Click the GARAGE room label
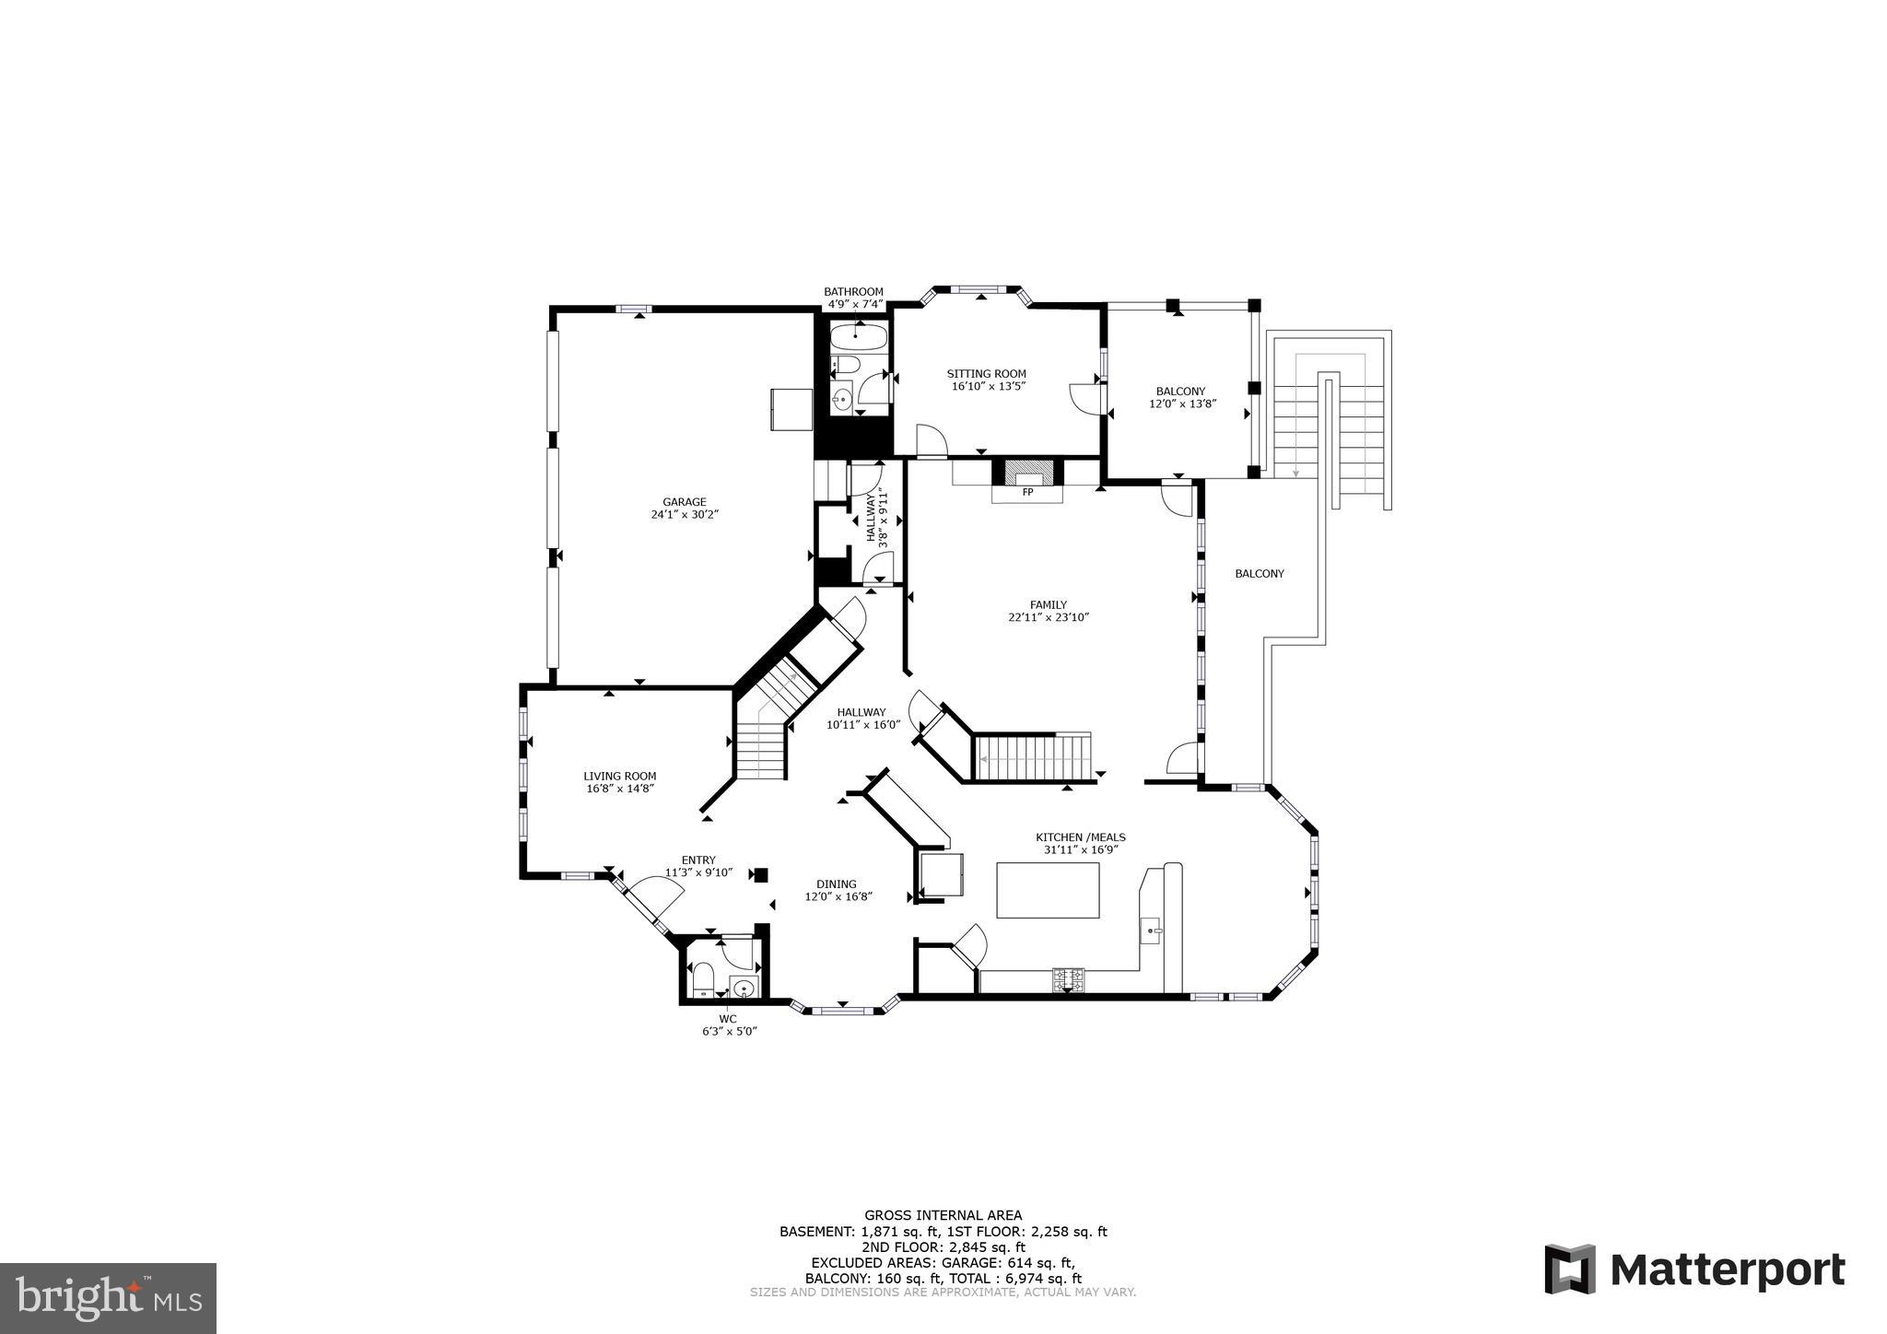click(684, 502)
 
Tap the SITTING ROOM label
click(987, 374)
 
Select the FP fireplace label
click(1027, 493)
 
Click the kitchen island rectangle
click(1048, 890)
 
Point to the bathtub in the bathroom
click(859, 338)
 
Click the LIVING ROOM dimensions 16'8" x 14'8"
click(620, 789)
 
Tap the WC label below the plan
click(728, 1018)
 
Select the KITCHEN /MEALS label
click(1080, 837)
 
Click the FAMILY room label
click(1048, 605)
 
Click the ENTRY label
click(698, 860)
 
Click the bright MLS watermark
click(108, 1298)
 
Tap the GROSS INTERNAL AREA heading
click(943, 1215)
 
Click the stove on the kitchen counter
click(1069, 979)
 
